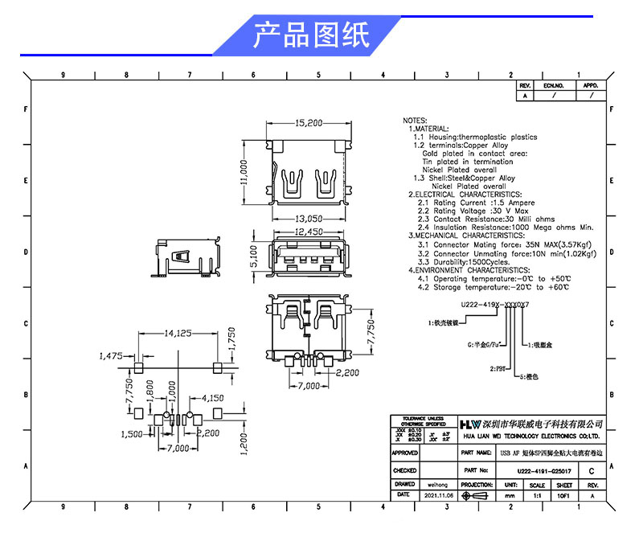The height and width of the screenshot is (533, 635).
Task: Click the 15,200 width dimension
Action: pyautogui.click(x=309, y=123)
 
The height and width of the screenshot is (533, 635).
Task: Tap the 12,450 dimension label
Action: pyautogui.click(x=308, y=232)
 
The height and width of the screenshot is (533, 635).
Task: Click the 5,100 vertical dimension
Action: pyautogui.click(x=254, y=256)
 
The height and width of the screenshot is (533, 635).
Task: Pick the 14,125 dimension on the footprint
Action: pyautogui.click(x=177, y=333)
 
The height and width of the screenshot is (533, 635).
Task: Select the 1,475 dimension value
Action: pyautogui.click(x=110, y=355)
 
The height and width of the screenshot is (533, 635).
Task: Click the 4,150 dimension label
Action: pyautogui.click(x=212, y=398)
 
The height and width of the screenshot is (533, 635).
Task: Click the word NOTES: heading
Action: pyautogui.click(x=416, y=121)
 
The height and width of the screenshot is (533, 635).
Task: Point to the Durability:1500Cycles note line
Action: pyautogui.click(x=464, y=262)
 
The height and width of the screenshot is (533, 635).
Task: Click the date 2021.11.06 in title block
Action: pyautogui.click(x=437, y=497)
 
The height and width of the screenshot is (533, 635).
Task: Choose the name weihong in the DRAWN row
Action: pyautogui.click(x=437, y=485)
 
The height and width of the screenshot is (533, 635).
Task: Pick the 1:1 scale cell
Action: pyautogui.click(x=536, y=497)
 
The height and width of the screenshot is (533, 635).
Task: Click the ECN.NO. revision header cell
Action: pyautogui.click(x=554, y=84)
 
